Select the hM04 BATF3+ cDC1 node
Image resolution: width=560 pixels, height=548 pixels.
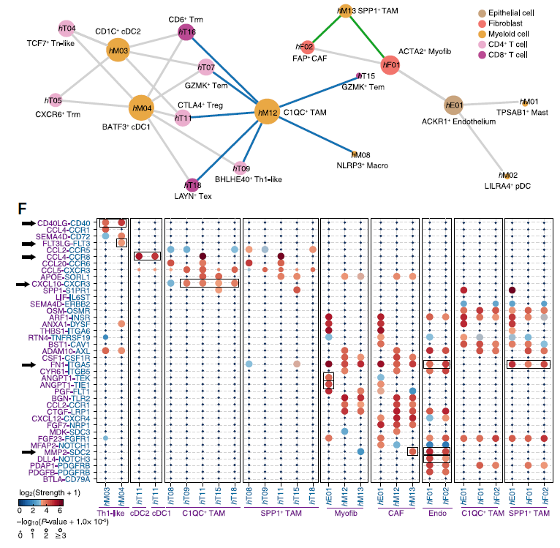(x=141, y=108)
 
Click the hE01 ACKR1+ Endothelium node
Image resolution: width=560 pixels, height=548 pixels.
(x=454, y=105)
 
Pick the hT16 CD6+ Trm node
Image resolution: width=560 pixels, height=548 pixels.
(x=186, y=32)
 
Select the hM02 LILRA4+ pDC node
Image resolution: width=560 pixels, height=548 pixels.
(x=507, y=176)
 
